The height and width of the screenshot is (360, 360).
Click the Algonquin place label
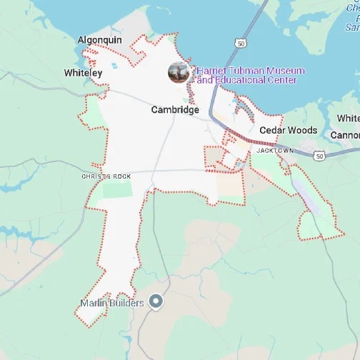pyautogui.click(x=99, y=41)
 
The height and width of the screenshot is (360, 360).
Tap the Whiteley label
pyautogui.click(x=83, y=73)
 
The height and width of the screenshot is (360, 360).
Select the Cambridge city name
pyautogui.click(x=175, y=110)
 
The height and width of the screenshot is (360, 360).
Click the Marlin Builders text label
pyautogui.click(x=112, y=303)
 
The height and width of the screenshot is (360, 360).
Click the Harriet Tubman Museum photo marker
pyautogui.click(x=179, y=72)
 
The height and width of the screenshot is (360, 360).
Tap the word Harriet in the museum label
pyautogui.click(x=212, y=71)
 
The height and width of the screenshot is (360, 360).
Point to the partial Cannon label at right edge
pyautogui.click(x=345, y=134)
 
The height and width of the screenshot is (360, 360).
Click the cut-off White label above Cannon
pyautogui.click(x=349, y=118)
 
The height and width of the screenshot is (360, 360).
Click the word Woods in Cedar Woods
pyautogui.click(x=303, y=131)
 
